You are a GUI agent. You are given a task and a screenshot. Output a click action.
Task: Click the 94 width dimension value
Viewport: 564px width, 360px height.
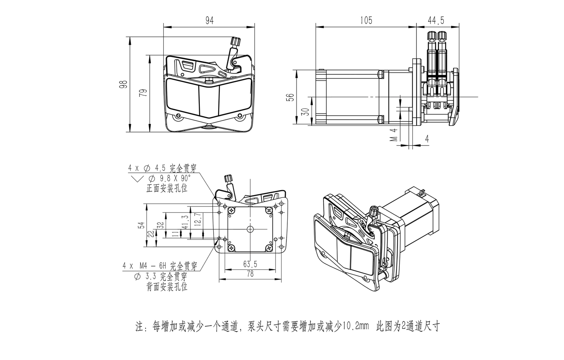pos(209,21)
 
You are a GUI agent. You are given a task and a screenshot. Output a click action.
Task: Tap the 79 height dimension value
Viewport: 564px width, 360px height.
pos(143,93)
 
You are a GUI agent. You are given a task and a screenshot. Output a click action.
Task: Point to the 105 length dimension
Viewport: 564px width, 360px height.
pos(366,21)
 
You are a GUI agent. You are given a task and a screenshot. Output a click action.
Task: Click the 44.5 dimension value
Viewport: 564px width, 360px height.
pos(436,21)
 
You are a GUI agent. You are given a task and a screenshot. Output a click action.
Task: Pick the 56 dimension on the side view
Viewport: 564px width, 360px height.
pos(290,97)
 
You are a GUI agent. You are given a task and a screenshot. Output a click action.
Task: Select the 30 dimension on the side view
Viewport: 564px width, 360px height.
pos(305,111)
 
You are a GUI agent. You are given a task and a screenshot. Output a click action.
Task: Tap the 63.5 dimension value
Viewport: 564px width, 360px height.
pos(250,263)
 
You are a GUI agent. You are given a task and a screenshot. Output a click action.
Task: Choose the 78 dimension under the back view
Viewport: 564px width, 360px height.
pos(250,274)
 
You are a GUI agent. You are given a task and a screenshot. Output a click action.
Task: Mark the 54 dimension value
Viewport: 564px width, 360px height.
pos(141,226)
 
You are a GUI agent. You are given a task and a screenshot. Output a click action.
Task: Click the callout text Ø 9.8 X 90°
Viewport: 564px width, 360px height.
pos(169,178)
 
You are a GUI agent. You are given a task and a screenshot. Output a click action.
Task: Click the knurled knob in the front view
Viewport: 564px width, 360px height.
pos(236,41)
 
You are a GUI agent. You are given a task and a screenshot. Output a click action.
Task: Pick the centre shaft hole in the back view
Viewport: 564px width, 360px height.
pos(250,229)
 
